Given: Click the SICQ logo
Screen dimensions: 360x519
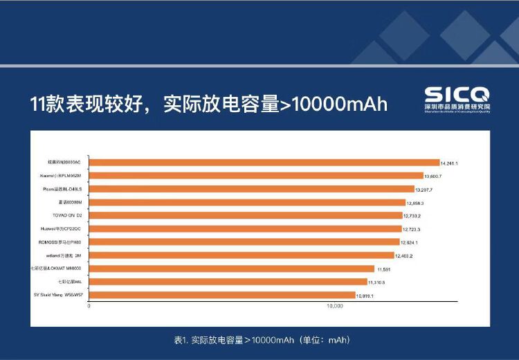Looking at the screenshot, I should click(x=456, y=100).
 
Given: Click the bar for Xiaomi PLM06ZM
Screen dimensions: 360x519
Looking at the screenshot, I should click(x=257, y=176).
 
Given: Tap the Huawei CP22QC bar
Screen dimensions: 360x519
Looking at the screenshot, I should click(x=246, y=228).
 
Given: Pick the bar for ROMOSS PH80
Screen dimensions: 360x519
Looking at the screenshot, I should click(x=244, y=242).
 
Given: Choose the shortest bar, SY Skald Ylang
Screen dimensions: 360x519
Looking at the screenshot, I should click(x=222, y=295).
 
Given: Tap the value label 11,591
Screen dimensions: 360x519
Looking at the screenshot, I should click(x=385, y=269).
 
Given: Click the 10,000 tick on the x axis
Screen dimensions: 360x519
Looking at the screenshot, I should click(x=335, y=305).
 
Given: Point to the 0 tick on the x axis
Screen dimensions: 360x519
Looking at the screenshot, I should click(x=90, y=305).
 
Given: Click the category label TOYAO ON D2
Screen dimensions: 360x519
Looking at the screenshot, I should click(x=66, y=215).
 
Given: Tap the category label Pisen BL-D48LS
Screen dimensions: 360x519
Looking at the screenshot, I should click(x=62, y=189).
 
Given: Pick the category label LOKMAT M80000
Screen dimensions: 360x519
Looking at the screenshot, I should click(x=57, y=269).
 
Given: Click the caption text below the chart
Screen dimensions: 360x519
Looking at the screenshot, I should click(x=259, y=340).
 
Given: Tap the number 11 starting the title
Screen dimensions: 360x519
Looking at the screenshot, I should click(x=37, y=104).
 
